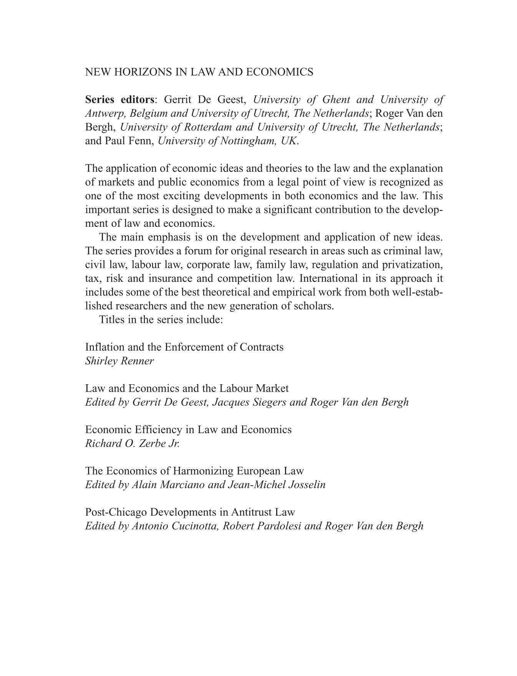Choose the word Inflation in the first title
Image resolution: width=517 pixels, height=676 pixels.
pyautogui.click(x=103, y=347)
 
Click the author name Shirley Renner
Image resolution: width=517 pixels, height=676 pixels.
pyautogui.click(x=119, y=361)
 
